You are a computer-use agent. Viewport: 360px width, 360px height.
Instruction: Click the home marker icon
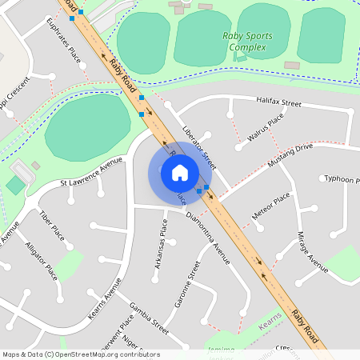click(180, 173)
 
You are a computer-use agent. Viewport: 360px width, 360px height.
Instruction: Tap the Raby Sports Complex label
click(248, 42)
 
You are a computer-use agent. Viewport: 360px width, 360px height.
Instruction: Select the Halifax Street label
click(278, 103)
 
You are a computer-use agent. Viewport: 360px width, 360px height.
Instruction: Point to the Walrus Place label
click(266, 128)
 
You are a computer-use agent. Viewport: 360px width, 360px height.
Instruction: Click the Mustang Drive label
click(290, 154)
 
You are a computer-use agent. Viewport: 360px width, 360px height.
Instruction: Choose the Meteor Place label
click(270, 207)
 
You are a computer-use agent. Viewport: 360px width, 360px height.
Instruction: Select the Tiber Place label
click(52, 226)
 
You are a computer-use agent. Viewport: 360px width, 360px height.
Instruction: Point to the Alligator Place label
click(41, 260)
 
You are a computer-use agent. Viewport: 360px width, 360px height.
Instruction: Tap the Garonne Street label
click(185, 284)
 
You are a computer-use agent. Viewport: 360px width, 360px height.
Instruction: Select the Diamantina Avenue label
click(207, 238)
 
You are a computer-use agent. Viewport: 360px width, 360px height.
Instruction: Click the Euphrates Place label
click(65, 43)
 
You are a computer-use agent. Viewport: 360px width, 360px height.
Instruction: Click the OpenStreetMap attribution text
click(81, 354)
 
